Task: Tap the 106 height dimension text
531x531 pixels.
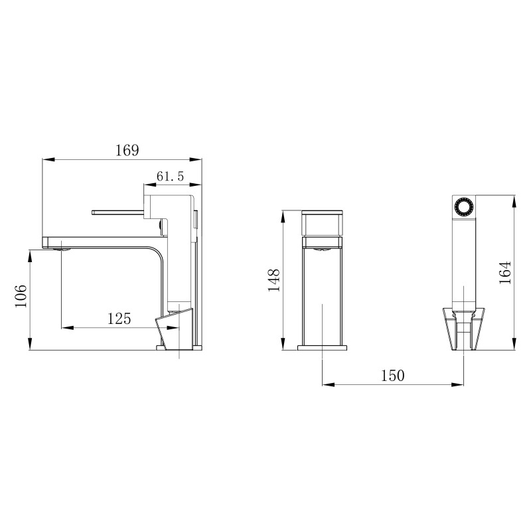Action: point(21,295)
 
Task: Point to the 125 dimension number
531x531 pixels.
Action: point(119,319)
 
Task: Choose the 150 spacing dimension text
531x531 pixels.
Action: point(392,376)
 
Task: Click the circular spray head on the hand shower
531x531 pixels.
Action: point(463,207)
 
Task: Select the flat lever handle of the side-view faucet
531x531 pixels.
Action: point(119,212)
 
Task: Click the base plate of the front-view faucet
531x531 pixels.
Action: point(322,346)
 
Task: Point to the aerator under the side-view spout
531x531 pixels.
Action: point(64,250)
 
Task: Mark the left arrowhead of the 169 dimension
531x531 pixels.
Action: point(46,159)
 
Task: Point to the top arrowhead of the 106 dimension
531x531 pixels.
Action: point(31,253)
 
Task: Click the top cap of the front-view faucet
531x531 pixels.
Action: point(323,213)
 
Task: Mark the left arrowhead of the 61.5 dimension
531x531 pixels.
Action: point(148,185)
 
